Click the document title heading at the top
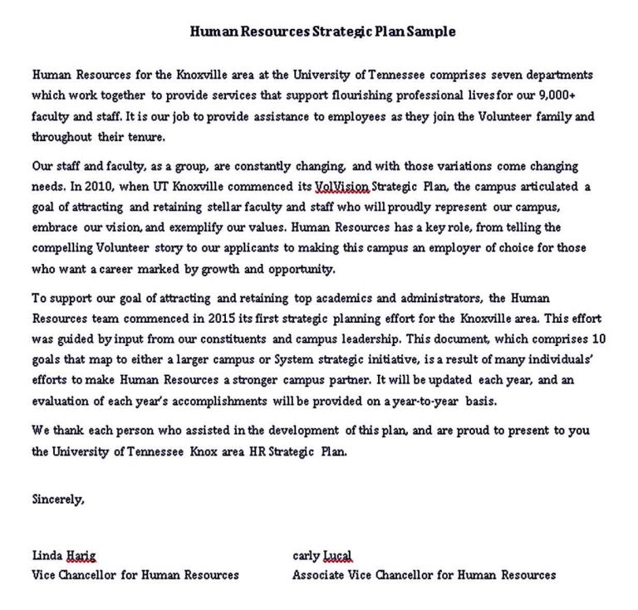pyautogui.click(x=323, y=32)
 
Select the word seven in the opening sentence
pyautogui.click(x=498, y=75)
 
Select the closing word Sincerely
pyautogui.click(x=57, y=500)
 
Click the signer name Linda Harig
pyautogui.click(x=63, y=555)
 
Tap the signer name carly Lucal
pyautogui.click(x=321, y=555)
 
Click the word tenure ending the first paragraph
pyautogui.click(x=145, y=136)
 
